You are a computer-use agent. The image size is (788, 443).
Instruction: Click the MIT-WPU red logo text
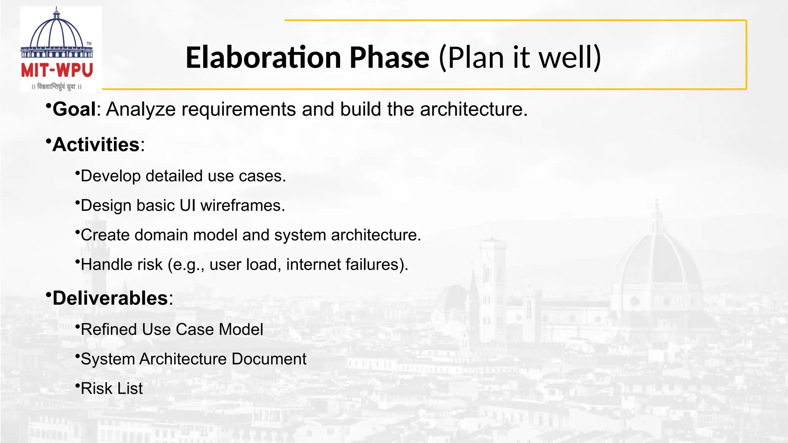click(x=57, y=70)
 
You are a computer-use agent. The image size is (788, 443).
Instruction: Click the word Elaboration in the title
click(x=263, y=57)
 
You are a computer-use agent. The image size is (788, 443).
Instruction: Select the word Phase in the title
click(x=389, y=57)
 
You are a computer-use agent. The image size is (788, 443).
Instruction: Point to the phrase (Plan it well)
click(x=520, y=57)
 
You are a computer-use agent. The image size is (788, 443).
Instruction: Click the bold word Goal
click(x=74, y=109)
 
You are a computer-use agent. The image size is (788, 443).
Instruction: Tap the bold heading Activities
click(x=96, y=145)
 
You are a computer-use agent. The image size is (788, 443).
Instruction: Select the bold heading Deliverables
click(x=110, y=298)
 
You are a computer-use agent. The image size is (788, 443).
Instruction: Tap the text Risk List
click(x=112, y=389)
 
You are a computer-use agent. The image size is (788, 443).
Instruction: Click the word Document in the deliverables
click(x=269, y=359)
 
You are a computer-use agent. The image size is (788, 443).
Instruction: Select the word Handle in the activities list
click(x=102, y=265)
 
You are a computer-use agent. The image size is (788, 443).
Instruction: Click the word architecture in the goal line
click(x=473, y=110)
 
